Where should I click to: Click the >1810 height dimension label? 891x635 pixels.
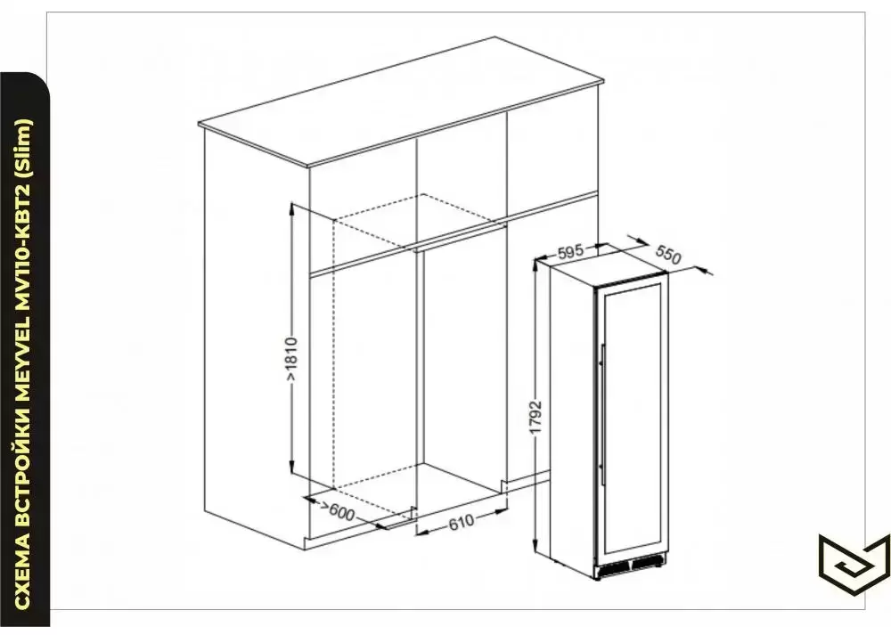pyautogui.click(x=291, y=360)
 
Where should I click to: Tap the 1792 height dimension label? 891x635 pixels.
pyautogui.click(x=535, y=419)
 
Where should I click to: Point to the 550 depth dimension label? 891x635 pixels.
pyautogui.click(x=667, y=255)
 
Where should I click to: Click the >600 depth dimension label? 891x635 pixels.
pyautogui.click(x=338, y=512)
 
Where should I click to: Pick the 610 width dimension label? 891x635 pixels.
pyautogui.click(x=461, y=521)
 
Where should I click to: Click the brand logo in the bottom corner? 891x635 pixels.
pyautogui.click(x=854, y=562)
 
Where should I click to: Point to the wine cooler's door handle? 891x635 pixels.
pyautogui.click(x=601, y=405)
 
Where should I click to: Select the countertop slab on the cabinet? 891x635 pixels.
pyautogui.click(x=401, y=102)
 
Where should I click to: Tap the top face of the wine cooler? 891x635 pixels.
pyautogui.click(x=609, y=261)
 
